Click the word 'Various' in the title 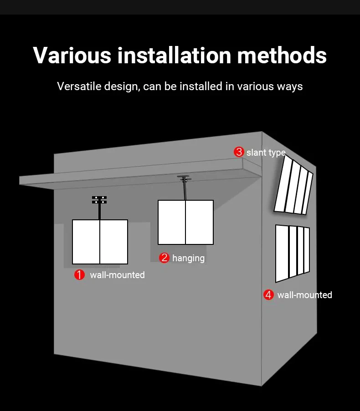[72, 55]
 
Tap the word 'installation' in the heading [174, 55]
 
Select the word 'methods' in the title [282, 55]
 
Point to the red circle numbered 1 [80, 275]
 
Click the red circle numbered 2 [164, 258]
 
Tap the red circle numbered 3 [239, 152]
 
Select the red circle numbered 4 [268, 295]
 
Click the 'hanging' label [188, 258]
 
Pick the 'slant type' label [266, 152]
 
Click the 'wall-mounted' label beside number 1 [117, 275]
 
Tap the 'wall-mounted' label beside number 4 [304, 295]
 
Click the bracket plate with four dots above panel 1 [99, 199]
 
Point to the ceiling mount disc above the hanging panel [184, 177]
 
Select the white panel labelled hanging [185, 222]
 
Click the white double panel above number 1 [100, 242]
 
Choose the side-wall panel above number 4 [292, 252]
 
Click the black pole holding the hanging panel [185, 190]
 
